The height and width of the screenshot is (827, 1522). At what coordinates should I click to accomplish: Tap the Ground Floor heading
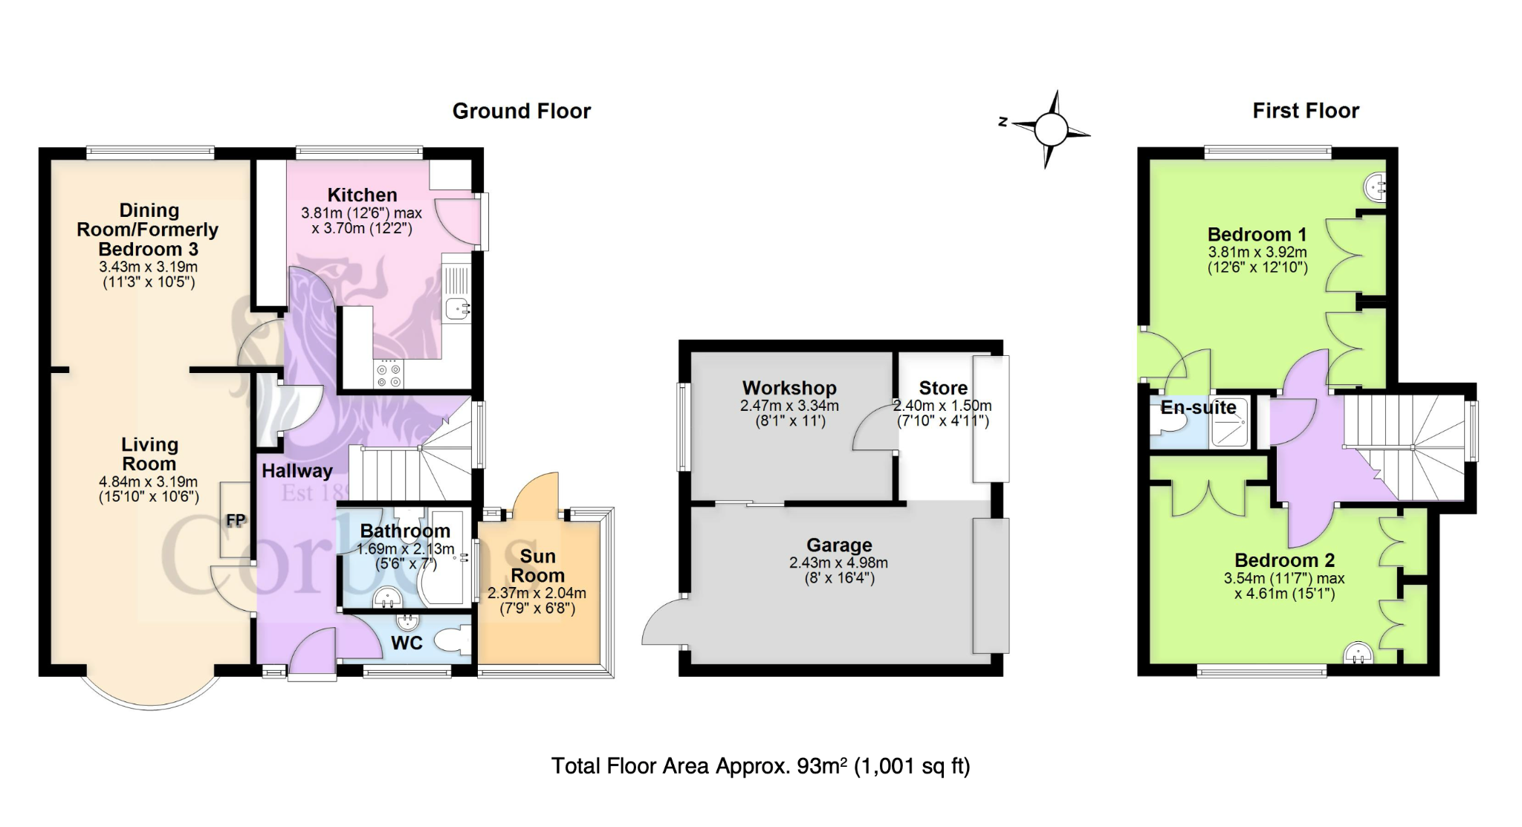(522, 111)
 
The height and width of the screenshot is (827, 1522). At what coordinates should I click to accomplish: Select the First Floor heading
(1306, 111)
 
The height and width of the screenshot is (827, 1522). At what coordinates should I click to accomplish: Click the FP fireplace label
(236, 520)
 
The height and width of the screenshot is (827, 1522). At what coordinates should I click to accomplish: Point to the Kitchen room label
(363, 195)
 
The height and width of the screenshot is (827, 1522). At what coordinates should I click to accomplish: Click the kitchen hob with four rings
(389, 374)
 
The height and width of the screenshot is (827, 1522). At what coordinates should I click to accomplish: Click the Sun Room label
(537, 566)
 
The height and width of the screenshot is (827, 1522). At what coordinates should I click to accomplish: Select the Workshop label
(789, 388)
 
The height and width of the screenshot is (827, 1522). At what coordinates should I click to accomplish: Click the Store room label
(943, 388)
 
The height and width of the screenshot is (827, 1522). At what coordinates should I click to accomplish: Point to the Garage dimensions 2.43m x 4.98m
(838, 563)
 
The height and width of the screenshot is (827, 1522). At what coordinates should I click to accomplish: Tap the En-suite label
(1199, 407)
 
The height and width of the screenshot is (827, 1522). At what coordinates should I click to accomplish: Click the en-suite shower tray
(1230, 422)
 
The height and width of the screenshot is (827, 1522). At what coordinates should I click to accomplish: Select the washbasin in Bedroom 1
(1376, 187)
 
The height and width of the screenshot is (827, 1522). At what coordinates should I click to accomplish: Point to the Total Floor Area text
(760, 766)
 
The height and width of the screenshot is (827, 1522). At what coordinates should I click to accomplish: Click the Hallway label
(297, 471)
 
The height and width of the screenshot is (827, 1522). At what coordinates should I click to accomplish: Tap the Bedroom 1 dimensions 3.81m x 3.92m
(1257, 252)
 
